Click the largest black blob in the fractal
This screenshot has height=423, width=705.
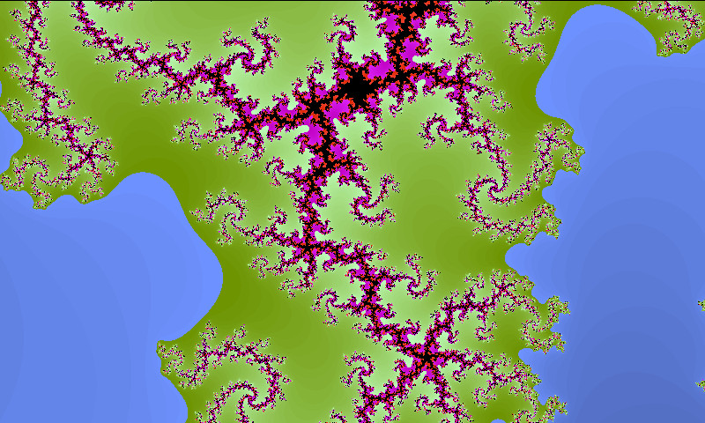(357, 88)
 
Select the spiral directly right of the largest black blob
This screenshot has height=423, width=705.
(437, 128)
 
